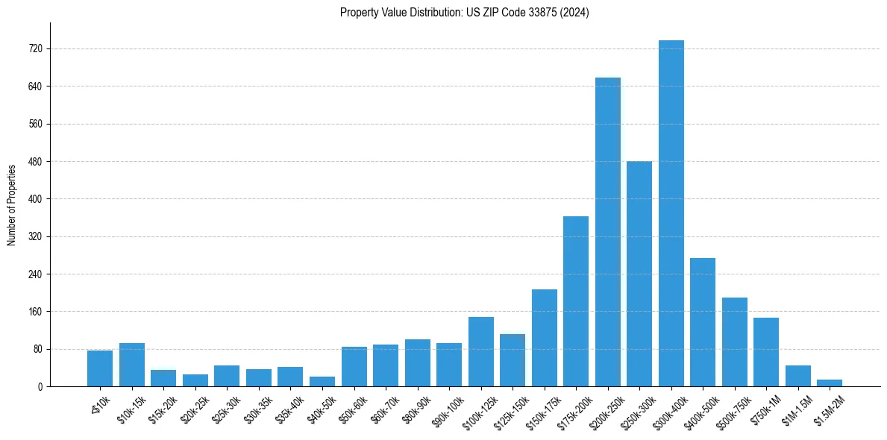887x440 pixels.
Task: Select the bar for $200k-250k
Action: tap(607, 232)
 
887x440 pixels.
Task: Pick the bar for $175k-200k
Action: tap(576, 301)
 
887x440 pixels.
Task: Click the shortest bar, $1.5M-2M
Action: tap(830, 383)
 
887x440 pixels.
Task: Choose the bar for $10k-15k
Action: tap(132, 365)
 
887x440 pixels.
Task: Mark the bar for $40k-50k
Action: tap(322, 381)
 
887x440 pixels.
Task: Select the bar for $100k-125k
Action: tap(481, 351)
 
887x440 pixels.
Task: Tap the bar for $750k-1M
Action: tap(766, 352)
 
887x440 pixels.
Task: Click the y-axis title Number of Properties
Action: tap(11, 205)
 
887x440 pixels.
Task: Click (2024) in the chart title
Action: tap(576, 13)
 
